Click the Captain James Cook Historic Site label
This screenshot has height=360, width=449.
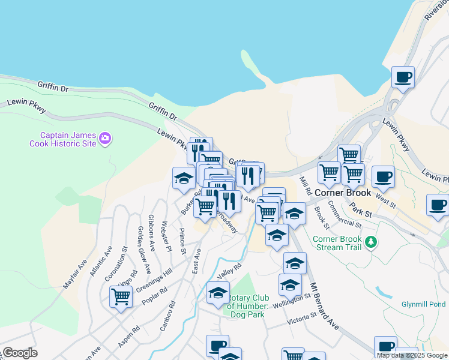(64, 140)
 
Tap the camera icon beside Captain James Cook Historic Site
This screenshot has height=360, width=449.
(106, 139)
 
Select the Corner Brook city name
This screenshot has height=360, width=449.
(343, 193)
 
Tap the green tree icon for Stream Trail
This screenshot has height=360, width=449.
(372, 242)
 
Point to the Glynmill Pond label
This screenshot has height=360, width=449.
(424, 304)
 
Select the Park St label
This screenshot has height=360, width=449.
(361, 209)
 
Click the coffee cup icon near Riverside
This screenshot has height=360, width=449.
(403, 77)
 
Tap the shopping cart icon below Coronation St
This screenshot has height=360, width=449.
(121, 296)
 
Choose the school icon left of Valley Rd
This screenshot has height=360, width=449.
(218, 293)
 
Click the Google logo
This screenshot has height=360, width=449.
(19, 353)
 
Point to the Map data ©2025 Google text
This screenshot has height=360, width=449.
(412, 355)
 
